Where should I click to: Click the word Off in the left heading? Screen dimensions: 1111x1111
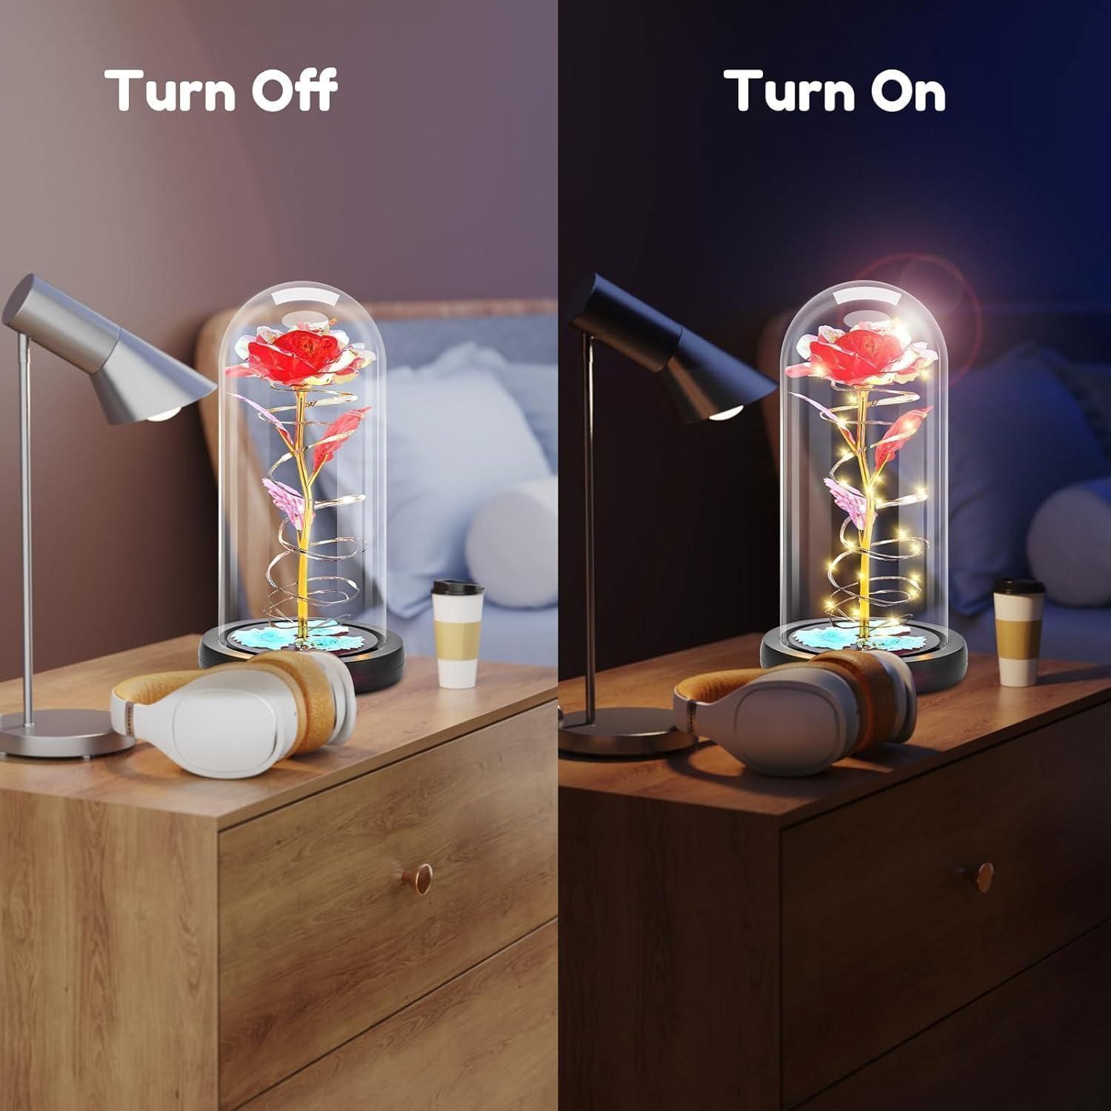284,90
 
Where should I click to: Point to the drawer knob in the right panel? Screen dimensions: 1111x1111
984,874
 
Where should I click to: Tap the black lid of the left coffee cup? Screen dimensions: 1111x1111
458,587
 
